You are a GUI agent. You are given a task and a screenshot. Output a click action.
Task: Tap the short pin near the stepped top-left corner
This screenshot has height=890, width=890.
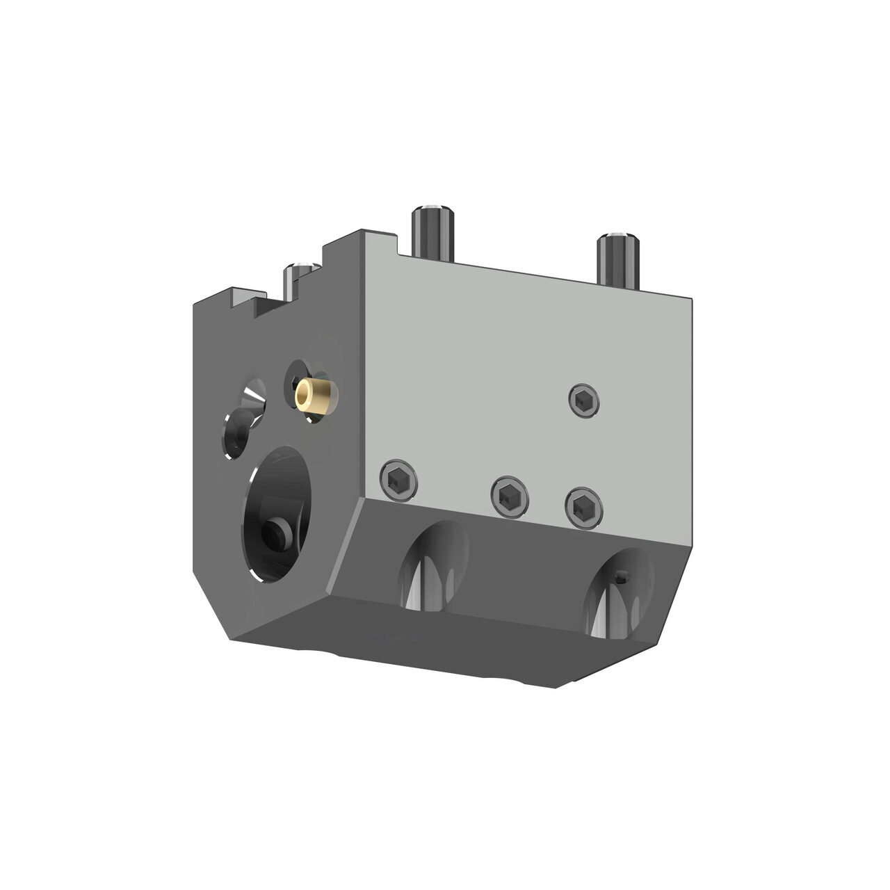point(298,278)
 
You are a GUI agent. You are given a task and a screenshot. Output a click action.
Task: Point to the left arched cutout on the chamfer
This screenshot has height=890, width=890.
point(434,564)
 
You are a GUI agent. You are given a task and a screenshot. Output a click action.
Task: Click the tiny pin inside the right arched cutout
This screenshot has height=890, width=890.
point(623,574)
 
